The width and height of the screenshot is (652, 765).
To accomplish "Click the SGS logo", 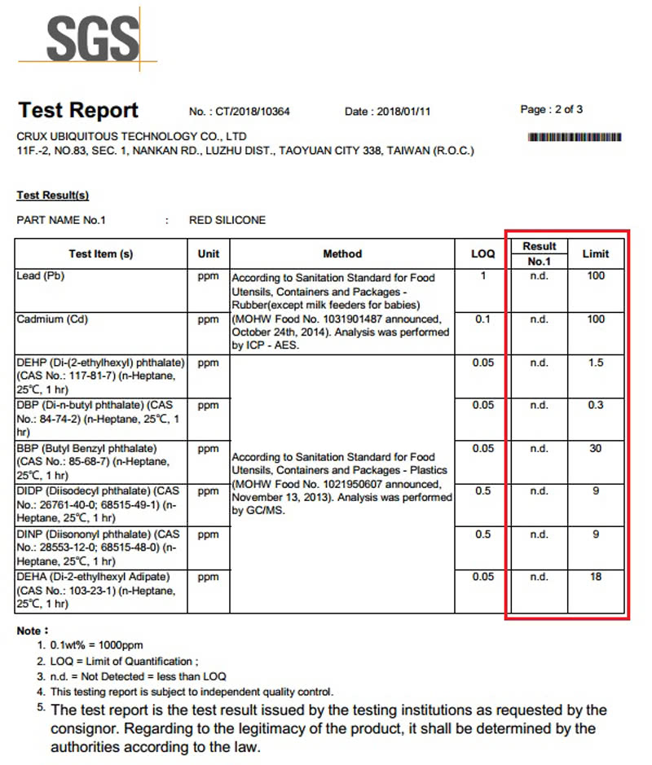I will (91, 38).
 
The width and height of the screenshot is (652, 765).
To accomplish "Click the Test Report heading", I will (78, 111).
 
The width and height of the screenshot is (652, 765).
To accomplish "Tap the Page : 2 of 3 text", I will (551, 109).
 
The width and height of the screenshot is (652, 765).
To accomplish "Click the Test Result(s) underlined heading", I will (53, 196).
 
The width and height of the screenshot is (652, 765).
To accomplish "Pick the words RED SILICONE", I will (227, 220).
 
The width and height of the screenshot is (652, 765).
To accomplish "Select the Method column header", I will (342, 253).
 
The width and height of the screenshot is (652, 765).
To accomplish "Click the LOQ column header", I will (482, 253).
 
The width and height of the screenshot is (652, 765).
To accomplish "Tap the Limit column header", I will (596, 253).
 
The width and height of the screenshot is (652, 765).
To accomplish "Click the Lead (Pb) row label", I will (41, 276).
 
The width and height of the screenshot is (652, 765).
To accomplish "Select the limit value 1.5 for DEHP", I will (596, 363).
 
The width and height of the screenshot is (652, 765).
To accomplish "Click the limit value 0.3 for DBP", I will (596, 405).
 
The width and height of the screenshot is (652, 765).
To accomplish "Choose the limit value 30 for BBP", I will (596, 448).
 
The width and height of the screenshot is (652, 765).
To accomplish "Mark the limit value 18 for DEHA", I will (596, 577).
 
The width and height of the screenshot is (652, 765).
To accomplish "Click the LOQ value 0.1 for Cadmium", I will (482, 319).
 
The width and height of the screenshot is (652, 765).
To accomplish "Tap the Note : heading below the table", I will (33, 631).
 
